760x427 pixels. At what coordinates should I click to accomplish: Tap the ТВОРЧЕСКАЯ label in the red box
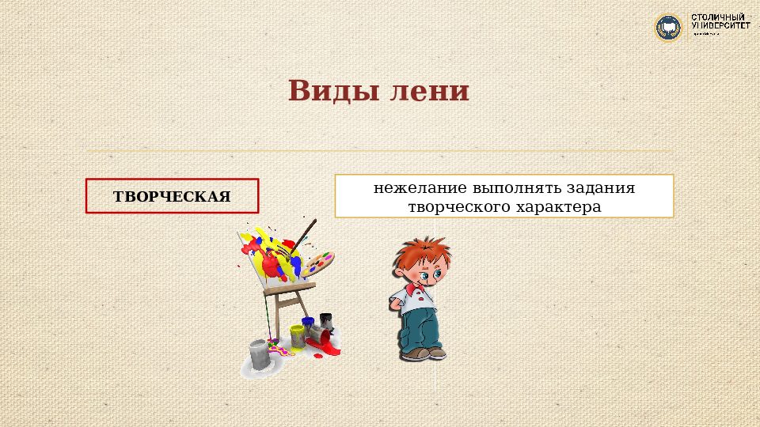pos(172,196)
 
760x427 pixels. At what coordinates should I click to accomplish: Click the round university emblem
pos(667,28)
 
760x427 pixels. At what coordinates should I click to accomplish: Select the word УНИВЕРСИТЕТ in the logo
pos(720,25)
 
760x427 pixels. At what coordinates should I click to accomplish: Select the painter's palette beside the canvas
pos(318,262)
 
